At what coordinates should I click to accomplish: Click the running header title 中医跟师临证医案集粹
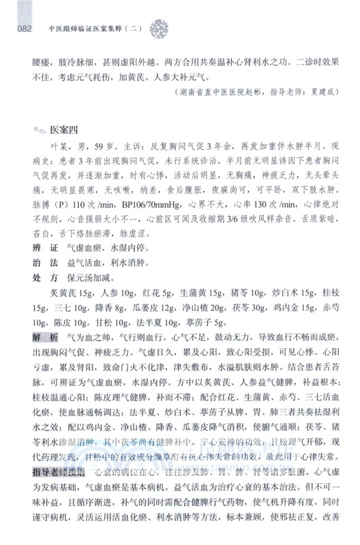pos(95,29)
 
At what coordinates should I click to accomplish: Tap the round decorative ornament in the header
pos(179,29)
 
